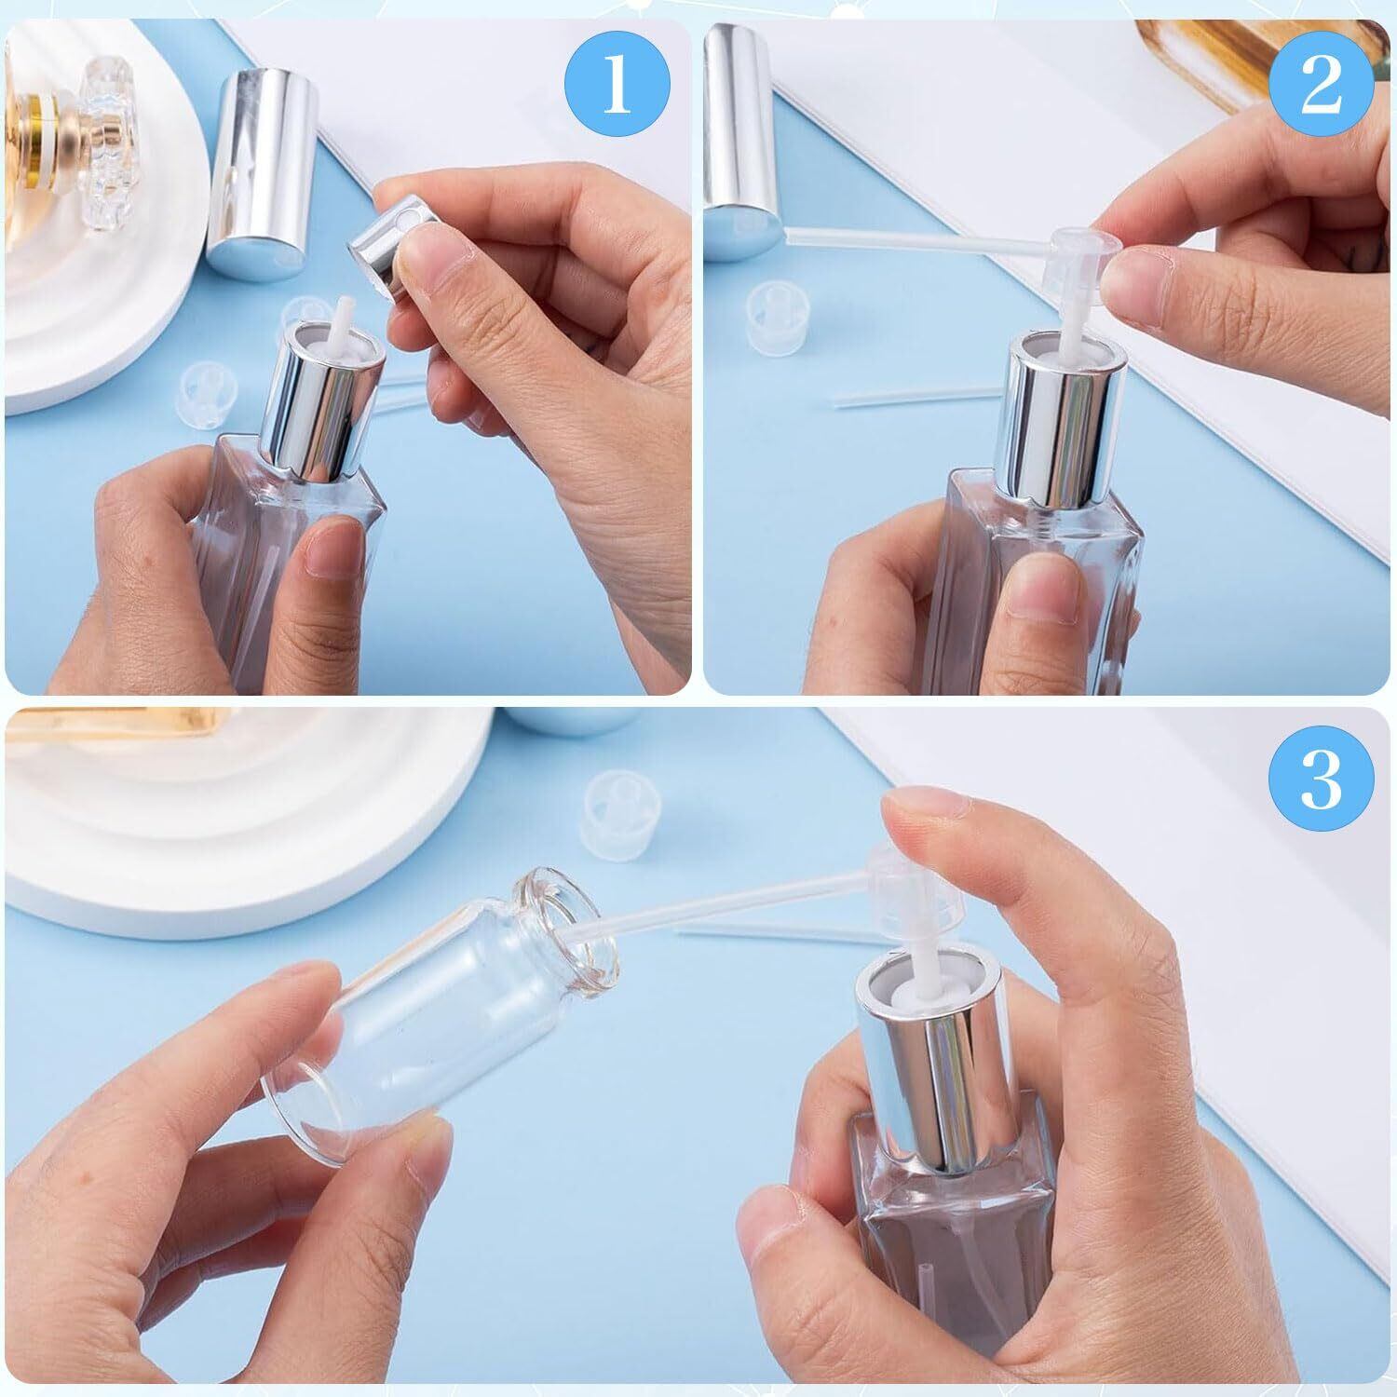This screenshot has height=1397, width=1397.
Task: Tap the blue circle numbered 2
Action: (1322, 87)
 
